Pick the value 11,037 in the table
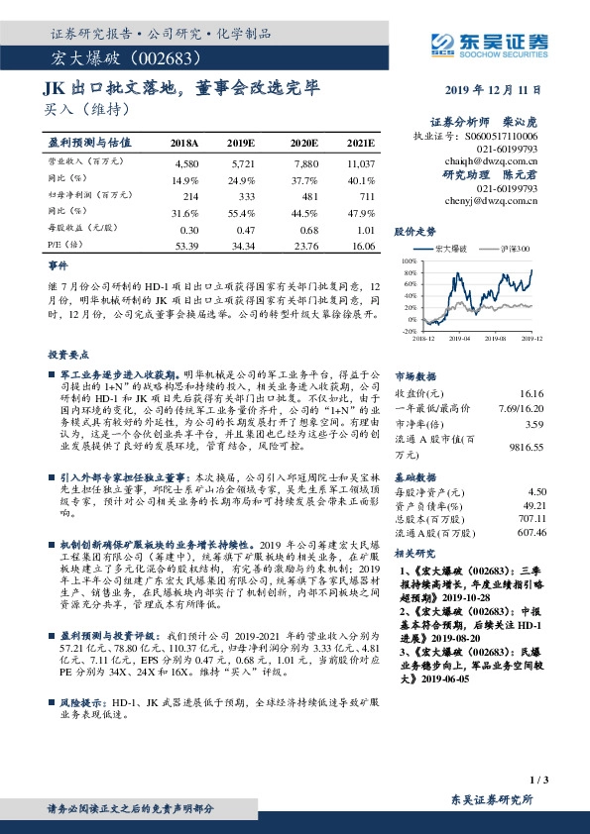pos(361,161)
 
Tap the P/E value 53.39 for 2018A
pos(186,244)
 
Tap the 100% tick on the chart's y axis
pos(410,261)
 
